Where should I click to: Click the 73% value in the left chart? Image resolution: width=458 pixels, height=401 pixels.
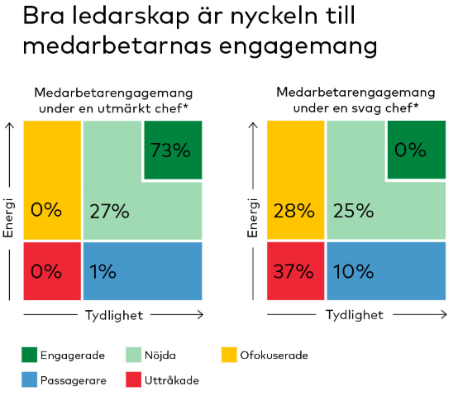tap(172, 150)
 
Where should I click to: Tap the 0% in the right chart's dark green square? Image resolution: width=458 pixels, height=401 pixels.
tap(410, 150)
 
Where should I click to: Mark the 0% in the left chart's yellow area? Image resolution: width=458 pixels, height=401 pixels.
tap(46, 211)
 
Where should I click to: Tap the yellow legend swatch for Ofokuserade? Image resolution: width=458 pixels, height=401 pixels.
tap(231, 356)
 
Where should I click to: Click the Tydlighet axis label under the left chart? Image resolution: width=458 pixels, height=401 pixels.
tap(112, 314)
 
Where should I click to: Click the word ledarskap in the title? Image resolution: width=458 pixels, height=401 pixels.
tap(115, 17)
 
